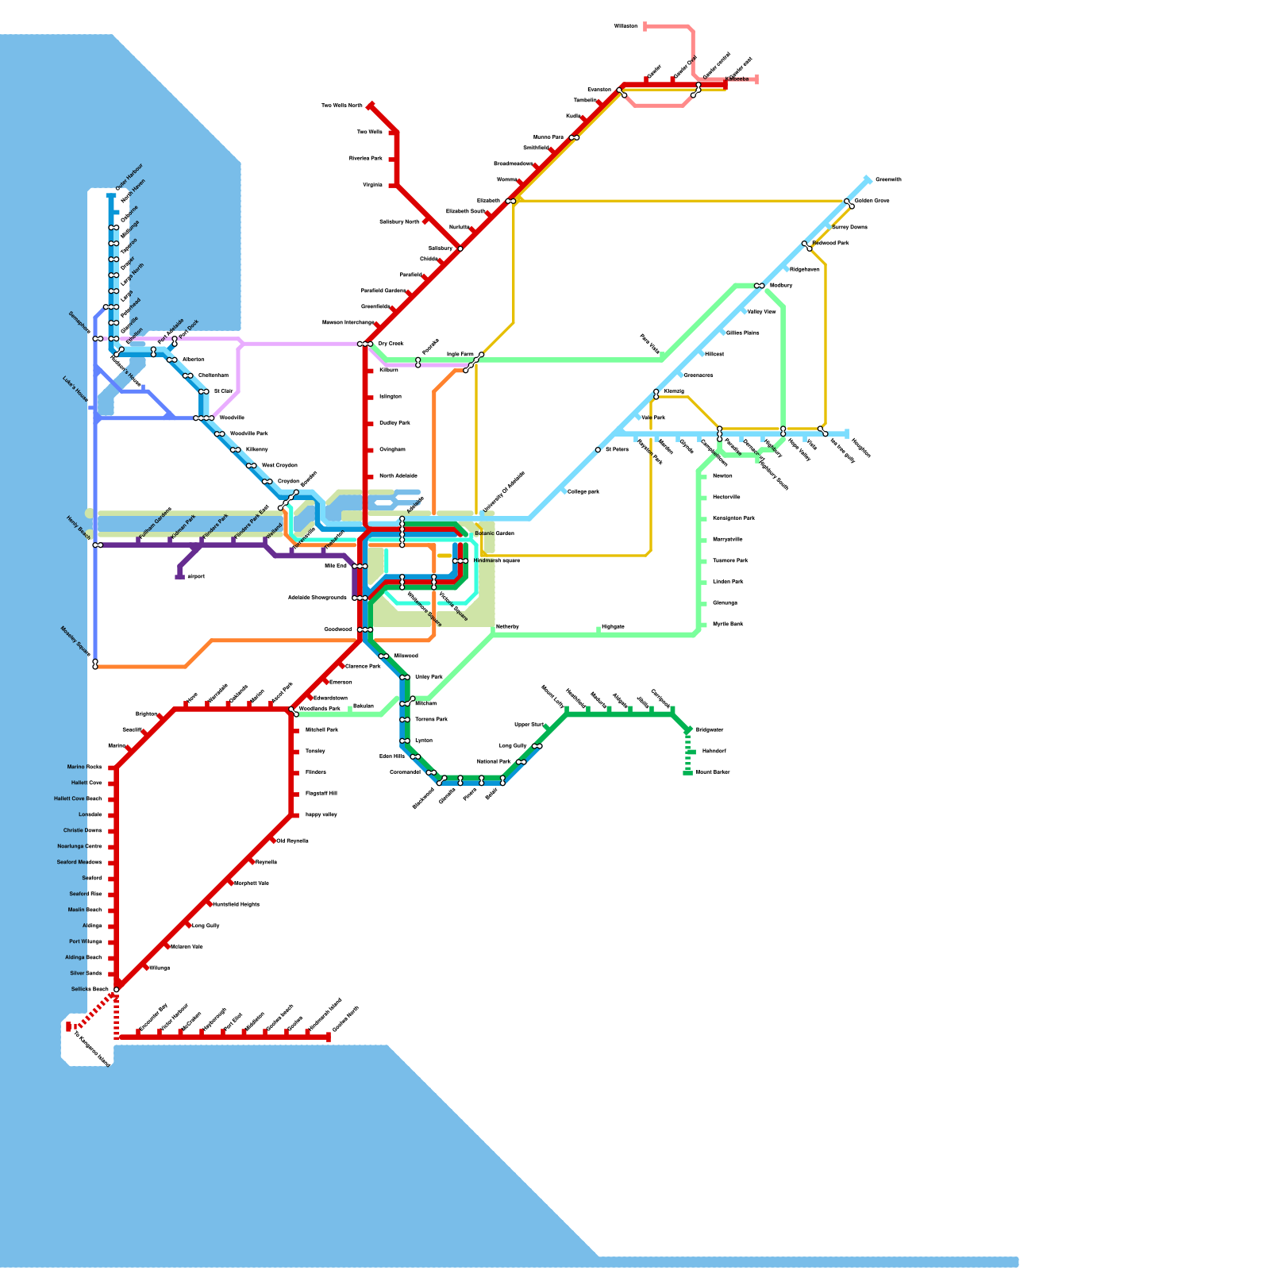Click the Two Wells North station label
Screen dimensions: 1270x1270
coord(342,106)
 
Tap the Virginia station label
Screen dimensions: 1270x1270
coord(373,185)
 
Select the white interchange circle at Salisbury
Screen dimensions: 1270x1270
coord(460,248)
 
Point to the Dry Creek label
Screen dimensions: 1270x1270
coord(391,344)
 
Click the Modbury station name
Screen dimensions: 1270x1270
coord(781,285)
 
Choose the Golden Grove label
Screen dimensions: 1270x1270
coord(872,201)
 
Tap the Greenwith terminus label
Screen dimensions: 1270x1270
coord(888,179)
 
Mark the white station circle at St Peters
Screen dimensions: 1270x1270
coord(598,450)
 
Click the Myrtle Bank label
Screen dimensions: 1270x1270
coord(728,624)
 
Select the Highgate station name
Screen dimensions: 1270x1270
coord(613,626)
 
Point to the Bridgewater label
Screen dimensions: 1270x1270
coord(710,729)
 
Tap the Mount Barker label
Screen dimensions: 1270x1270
coord(713,772)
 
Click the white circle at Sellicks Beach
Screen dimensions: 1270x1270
coord(117,990)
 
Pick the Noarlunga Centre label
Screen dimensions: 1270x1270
coord(79,846)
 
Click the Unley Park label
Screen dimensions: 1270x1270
coord(429,677)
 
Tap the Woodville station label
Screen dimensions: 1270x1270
coord(232,418)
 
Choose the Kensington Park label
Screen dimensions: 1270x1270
coord(733,518)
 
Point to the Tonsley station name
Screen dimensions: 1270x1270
coord(315,751)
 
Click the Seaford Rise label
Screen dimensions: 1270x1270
coord(86,894)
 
